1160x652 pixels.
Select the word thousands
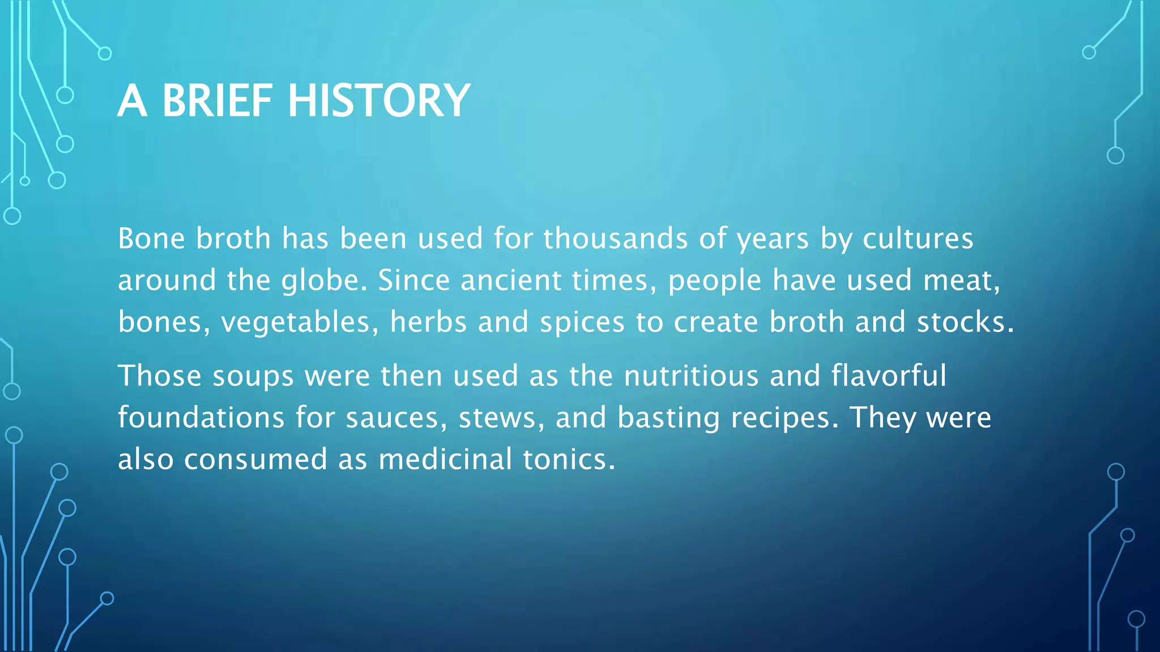[x=615, y=238]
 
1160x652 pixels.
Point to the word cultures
[x=918, y=238]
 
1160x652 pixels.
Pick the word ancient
[x=510, y=280]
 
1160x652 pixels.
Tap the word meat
[x=961, y=280]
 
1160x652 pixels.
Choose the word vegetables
[x=300, y=323]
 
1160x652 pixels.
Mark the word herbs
[x=428, y=321]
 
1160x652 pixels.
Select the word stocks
[x=965, y=321]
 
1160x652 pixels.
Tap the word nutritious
[x=691, y=375]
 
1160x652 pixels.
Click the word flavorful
[x=889, y=375]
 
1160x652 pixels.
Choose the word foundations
[x=201, y=418]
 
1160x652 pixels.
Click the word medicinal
[x=445, y=459]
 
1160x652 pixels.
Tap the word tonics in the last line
[x=568, y=459]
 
